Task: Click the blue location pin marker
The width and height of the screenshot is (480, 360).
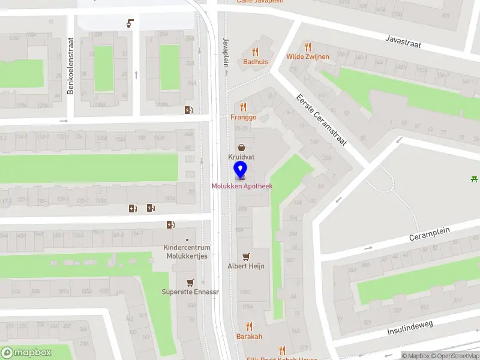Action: (240, 170)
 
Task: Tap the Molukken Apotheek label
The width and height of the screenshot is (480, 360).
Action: (242, 186)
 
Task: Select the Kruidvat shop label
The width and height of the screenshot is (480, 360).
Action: (241, 157)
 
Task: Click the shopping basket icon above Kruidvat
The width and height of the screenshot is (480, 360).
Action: (241, 147)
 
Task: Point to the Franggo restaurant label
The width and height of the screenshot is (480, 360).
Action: (243, 117)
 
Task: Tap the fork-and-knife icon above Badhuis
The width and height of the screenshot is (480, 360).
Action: (256, 52)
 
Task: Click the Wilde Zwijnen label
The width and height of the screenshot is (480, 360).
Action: (308, 56)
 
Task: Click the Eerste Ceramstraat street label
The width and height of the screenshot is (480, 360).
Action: (322, 121)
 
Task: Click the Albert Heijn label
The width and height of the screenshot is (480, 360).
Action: (246, 266)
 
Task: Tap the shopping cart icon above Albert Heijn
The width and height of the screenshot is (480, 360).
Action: (246, 256)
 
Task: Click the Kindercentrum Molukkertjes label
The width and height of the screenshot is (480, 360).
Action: (187, 252)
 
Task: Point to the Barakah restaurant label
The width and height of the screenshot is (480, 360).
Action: (249, 337)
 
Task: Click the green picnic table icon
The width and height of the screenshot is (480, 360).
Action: (475, 178)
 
